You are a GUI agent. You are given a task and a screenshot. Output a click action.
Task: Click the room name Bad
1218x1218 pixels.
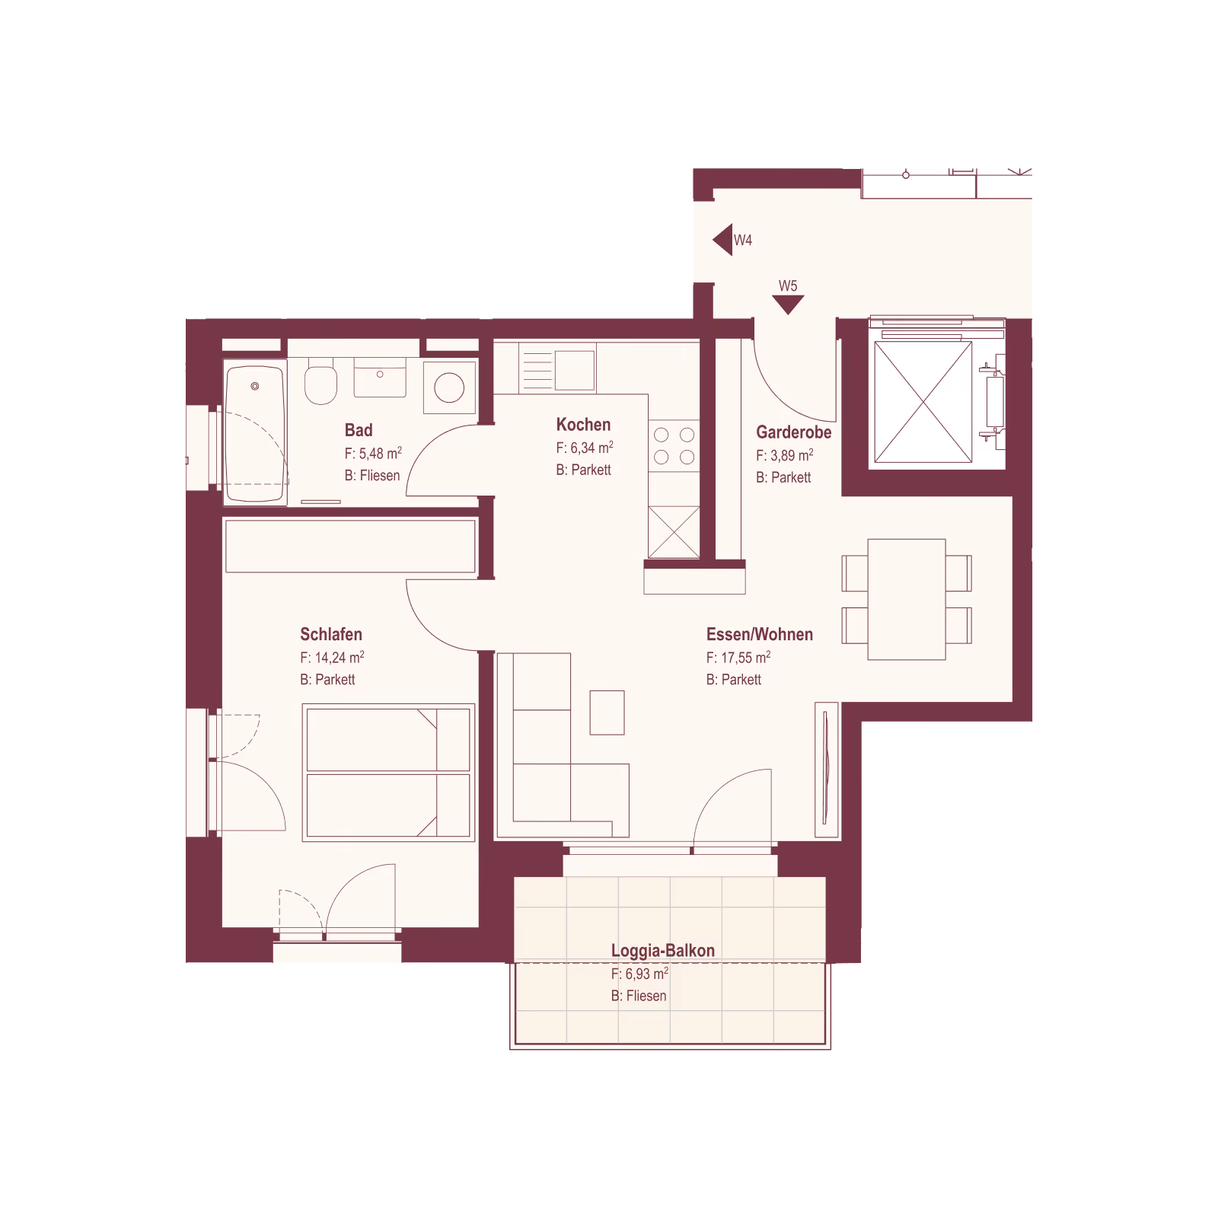(x=359, y=430)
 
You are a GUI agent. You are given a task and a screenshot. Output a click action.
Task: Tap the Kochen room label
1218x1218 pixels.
(x=583, y=425)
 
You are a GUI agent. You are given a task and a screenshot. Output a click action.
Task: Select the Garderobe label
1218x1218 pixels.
(x=793, y=432)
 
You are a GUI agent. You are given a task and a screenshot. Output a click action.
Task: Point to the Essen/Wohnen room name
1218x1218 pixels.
(x=759, y=634)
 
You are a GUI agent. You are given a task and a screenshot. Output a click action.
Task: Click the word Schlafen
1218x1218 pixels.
(x=331, y=634)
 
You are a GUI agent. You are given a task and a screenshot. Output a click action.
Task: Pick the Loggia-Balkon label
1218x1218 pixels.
(x=663, y=951)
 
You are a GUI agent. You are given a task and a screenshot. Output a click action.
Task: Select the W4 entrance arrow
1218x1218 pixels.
(x=722, y=240)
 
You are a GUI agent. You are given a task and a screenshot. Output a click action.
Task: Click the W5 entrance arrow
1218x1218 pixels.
(x=788, y=304)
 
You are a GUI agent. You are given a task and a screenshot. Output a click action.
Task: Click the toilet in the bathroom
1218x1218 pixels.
(x=320, y=383)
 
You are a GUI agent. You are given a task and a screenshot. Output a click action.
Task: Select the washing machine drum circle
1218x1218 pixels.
(x=449, y=387)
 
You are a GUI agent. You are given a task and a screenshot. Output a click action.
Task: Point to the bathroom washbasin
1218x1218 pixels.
(x=380, y=378)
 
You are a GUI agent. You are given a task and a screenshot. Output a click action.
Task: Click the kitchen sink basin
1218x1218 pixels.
(x=575, y=371)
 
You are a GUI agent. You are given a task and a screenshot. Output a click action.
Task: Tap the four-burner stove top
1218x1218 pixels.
(x=674, y=446)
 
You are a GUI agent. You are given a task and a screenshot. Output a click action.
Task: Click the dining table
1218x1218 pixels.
(x=907, y=599)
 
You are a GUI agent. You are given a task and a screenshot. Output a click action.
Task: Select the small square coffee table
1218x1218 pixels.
(x=607, y=713)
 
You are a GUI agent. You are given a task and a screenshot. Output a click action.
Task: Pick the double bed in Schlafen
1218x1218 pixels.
(x=388, y=773)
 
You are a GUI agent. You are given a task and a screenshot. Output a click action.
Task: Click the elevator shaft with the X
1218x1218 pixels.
(x=923, y=402)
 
